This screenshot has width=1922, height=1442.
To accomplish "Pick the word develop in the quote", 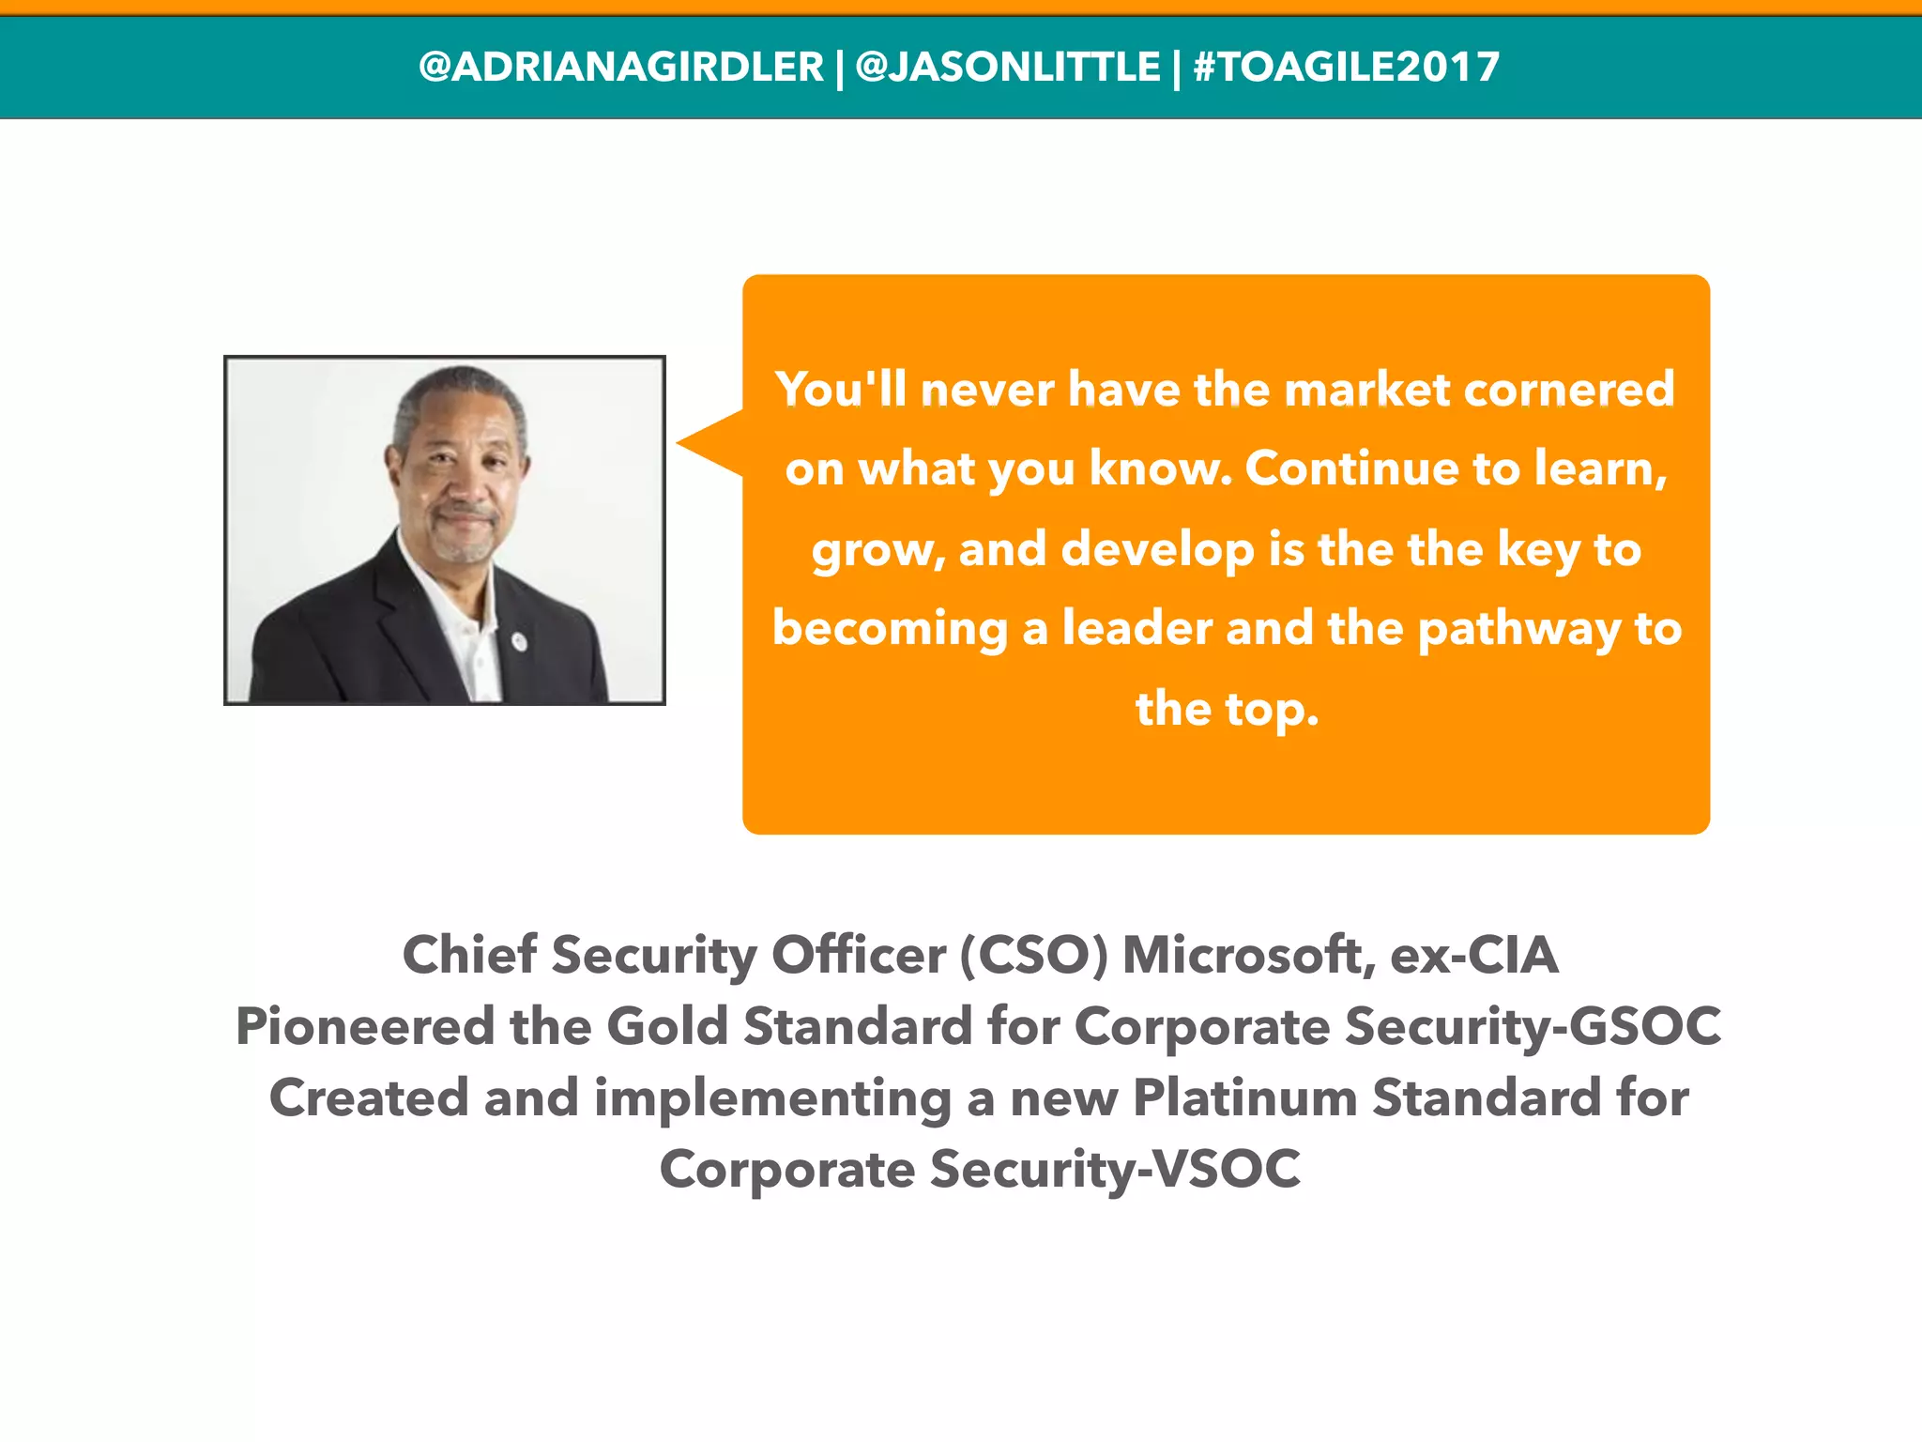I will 1157,549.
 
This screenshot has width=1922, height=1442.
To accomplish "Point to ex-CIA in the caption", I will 1474,956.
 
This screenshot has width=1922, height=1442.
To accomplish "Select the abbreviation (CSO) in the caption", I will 1033,956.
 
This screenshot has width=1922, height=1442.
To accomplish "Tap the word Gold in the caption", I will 667,1026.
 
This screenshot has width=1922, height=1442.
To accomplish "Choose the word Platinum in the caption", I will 1244,1098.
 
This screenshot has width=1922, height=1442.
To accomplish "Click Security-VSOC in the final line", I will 1115,1171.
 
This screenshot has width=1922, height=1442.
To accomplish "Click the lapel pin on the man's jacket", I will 518,641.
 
